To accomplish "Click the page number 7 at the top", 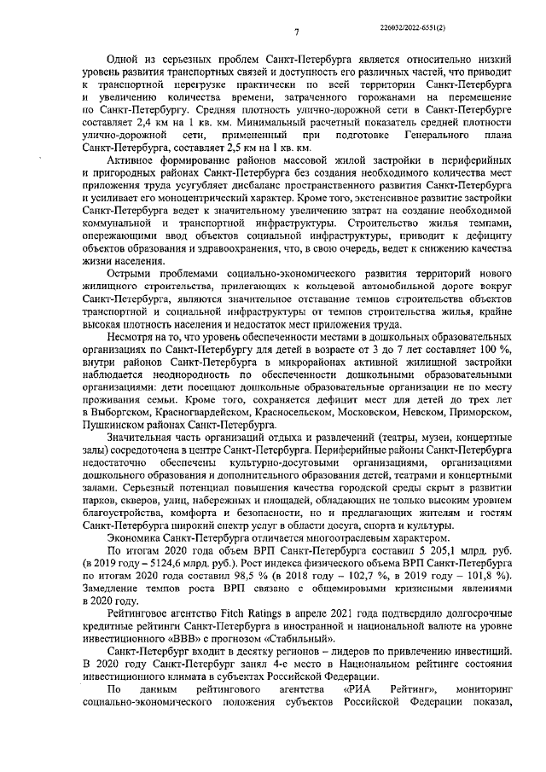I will pos(296,32).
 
